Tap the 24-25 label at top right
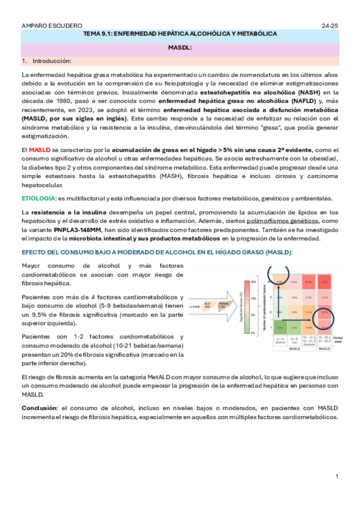click(x=330, y=26)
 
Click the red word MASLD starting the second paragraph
click(x=40, y=149)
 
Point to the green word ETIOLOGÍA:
click(x=39, y=198)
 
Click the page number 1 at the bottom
click(x=337, y=476)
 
